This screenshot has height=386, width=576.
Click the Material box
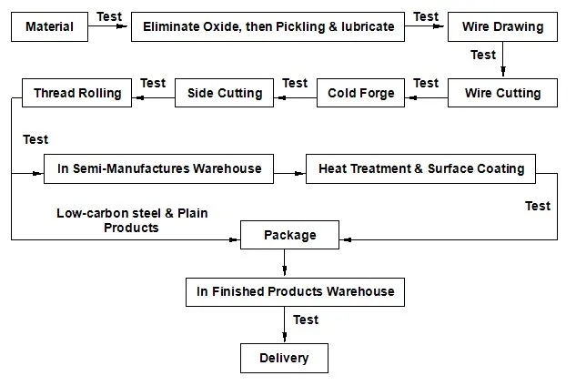point(49,27)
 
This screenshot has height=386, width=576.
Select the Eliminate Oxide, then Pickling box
point(268,27)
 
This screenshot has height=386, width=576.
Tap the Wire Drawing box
point(502,27)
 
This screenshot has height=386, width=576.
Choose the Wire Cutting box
point(502,93)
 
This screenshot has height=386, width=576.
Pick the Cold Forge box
point(361,93)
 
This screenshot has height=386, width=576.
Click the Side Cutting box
point(224,93)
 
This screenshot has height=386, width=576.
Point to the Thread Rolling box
point(76,93)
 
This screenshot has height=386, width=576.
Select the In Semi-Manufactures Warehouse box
point(158,168)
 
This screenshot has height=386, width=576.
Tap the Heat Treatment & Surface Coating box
point(421,168)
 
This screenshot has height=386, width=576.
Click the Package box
point(289,235)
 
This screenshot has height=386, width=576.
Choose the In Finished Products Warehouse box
point(295,292)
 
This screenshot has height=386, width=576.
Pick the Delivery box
point(283,358)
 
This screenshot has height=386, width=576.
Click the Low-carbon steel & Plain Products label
point(132,220)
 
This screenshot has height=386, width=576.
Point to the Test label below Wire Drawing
point(483,55)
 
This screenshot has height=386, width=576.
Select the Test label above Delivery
point(306,320)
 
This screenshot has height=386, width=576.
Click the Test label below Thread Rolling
point(35,139)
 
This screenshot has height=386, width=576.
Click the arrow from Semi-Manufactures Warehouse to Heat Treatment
point(289,169)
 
